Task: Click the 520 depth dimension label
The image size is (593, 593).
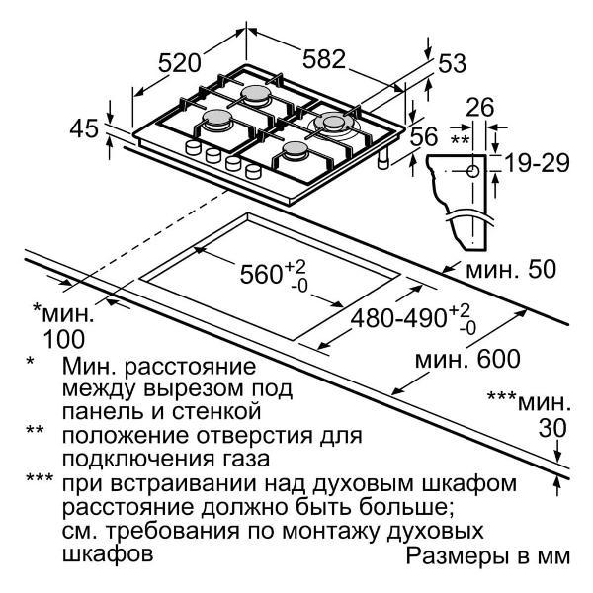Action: click(x=179, y=63)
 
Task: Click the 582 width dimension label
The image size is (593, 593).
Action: click(x=324, y=59)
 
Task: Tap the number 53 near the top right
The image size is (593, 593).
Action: click(x=452, y=63)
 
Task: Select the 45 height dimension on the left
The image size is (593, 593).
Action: click(x=84, y=128)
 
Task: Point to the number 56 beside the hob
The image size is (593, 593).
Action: click(x=424, y=136)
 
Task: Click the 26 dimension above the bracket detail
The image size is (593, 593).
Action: click(x=480, y=107)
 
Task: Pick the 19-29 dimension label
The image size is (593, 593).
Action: click(x=537, y=164)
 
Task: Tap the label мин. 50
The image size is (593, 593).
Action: click(x=511, y=270)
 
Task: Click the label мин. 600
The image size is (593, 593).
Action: click(x=468, y=359)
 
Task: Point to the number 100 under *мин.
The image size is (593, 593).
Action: click(x=64, y=339)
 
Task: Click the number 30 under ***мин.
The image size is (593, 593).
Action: click(x=552, y=429)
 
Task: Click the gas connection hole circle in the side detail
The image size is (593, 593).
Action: click(x=472, y=171)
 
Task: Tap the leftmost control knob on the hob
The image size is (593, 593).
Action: click(x=193, y=147)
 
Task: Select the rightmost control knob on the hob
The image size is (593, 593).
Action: click(x=253, y=172)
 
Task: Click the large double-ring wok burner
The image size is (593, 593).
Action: click(x=332, y=124)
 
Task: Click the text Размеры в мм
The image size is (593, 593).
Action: click(x=488, y=555)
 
